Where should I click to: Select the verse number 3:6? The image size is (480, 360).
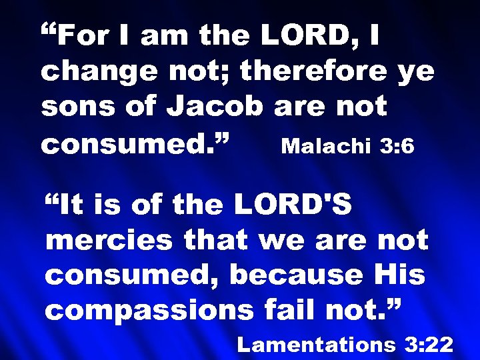[x=397, y=145]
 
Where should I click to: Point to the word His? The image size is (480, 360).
[x=403, y=275]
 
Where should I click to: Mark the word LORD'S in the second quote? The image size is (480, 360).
[x=293, y=205]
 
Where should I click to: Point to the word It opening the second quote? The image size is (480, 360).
[x=72, y=205]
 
